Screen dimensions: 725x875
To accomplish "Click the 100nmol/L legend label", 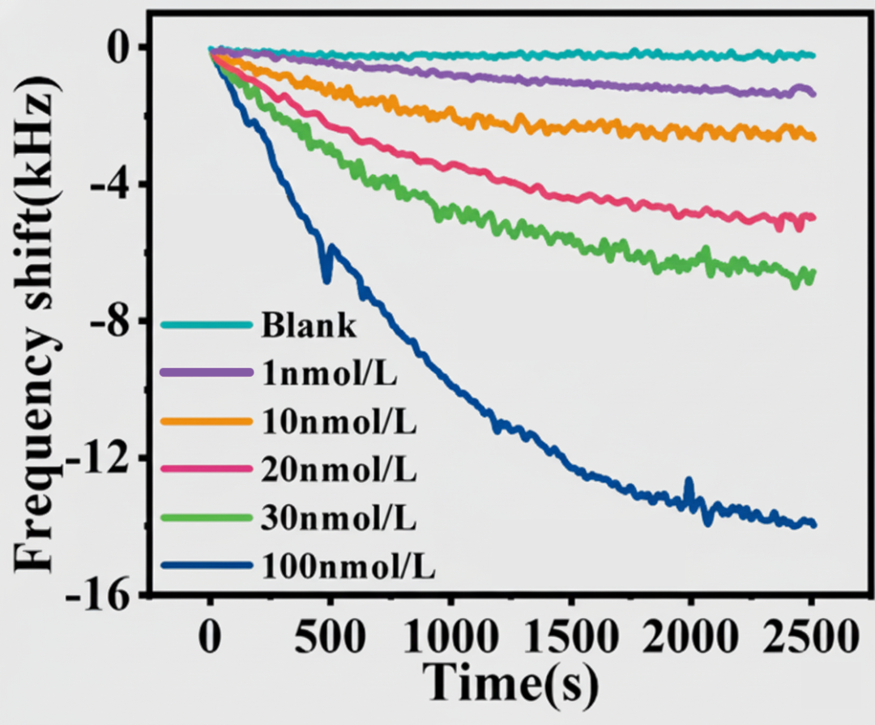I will [348, 567].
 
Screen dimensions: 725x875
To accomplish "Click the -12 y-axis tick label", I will [104, 458].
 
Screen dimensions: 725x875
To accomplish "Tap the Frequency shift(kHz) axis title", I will [36, 324].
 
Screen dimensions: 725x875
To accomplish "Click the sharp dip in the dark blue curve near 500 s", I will [327, 278].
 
